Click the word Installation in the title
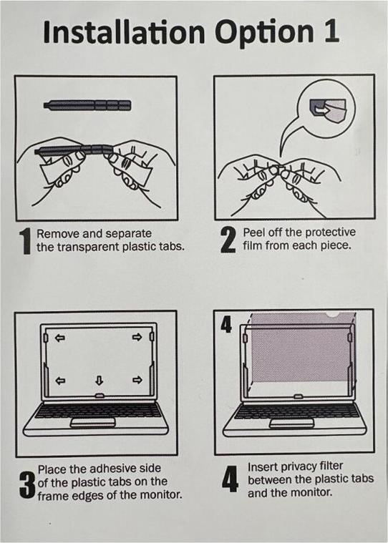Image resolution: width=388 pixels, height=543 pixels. [x=124, y=32]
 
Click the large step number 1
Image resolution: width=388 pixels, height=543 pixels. [x=25, y=241]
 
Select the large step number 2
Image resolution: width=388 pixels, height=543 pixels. [x=228, y=239]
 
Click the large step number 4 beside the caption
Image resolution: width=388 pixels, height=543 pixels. [x=230, y=479]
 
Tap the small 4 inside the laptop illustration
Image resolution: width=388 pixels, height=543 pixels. [x=226, y=325]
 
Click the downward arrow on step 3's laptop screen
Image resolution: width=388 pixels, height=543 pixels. [x=100, y=381]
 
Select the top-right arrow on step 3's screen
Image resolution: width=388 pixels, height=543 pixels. [x=137, y=337]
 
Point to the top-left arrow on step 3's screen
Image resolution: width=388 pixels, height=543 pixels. [x=60, y=337]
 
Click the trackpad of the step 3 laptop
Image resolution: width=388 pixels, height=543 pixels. [x=92, y=423]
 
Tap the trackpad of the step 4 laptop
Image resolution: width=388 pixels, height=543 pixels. [x=291, y=423]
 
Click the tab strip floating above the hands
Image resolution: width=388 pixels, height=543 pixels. [x=87, y=104]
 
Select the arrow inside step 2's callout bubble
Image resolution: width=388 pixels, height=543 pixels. [x=321, y=109]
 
